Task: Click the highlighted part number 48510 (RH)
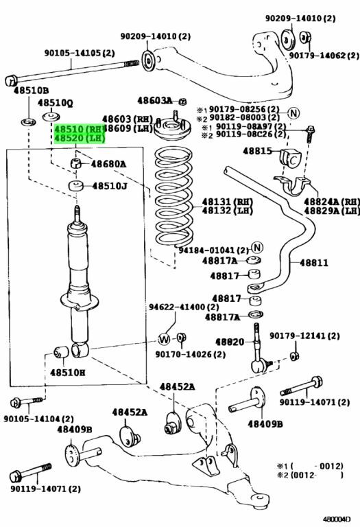coord(80,129)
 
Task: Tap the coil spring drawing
coord(174,198)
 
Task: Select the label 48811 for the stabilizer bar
coord(314,263)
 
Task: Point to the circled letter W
coord(164,339)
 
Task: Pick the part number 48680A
coord(108,164)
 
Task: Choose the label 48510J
coord(110,186)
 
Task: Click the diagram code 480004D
coord(337,519)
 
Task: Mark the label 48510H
coord(67,372)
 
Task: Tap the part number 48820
coord(230,342)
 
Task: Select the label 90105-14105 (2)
coord(80,53)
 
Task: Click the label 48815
coord(258,151)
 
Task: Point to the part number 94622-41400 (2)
coord(184,307)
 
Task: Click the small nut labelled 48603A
coord(182,101)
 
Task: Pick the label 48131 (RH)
coord(228,202)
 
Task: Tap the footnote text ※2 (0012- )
coord(310,475)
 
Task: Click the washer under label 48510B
coord(29,121)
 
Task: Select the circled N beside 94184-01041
coord(257,248)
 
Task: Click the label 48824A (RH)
coord(331,202)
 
